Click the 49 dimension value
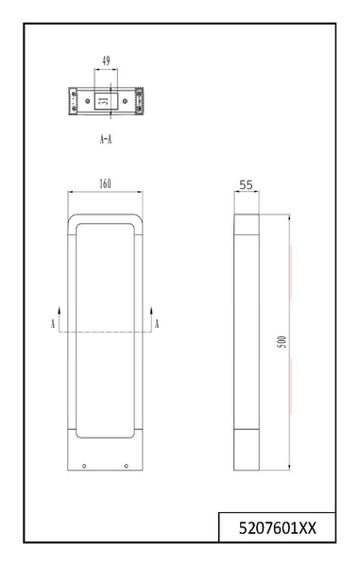106,60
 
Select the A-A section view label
106,139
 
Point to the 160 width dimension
105,183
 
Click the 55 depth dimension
247,185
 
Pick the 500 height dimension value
283,342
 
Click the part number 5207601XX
277,528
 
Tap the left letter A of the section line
53,323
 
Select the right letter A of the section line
157,323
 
